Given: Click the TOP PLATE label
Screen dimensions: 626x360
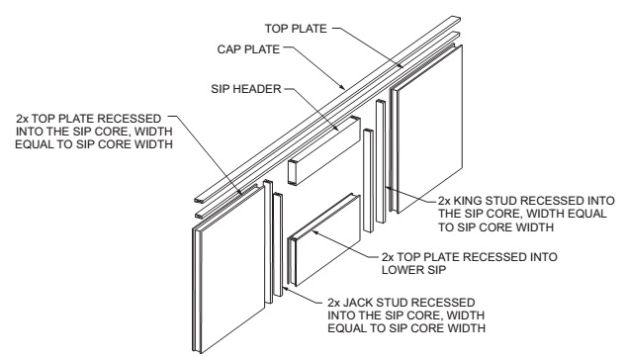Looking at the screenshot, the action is click(296, 29).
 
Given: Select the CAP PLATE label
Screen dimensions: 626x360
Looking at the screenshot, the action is click(248, 49).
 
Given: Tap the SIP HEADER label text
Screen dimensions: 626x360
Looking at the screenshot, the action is click(246, 89).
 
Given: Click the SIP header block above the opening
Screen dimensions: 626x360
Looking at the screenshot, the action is click(324, 150).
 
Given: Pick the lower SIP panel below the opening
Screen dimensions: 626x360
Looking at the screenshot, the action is click(324, 239).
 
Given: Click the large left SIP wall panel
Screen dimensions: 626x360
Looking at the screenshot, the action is click(228, 268).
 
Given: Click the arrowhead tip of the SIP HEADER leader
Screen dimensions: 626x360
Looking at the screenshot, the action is click(336, 131).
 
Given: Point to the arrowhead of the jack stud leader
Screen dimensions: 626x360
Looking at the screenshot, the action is click(283, 287).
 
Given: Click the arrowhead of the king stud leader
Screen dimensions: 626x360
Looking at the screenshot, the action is click(387, 186).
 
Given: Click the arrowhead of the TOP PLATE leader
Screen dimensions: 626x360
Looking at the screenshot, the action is click(401, 65).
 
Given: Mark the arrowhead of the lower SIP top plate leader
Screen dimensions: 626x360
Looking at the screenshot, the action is click(313, 230).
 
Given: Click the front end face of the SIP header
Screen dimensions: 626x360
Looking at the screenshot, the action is click(293, 172).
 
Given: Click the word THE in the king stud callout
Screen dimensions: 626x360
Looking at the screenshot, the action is click(449, 214).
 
